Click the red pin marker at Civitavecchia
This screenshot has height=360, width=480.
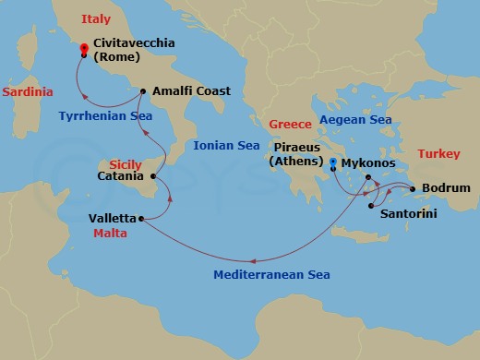[x=84, y=49]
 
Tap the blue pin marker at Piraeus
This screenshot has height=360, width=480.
[x=333, y=164]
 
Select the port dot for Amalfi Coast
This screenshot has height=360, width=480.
[x=142, y=91]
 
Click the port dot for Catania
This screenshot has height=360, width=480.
[x=153, y=175]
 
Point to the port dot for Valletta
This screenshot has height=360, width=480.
[x=140, y=219]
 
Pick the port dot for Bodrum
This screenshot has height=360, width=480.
[x=413, y=188]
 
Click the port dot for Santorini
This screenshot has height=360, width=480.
[x=371, y=206]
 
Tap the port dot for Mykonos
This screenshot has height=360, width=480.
[x=367, y=177]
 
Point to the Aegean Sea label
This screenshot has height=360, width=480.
[x=354, y=120]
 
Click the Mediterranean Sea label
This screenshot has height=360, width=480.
[x=271, y=274]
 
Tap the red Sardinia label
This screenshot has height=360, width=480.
[x=28, y=92]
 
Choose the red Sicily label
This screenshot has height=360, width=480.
[x=126, y=162]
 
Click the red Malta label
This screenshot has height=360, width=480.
[x=110, y=234]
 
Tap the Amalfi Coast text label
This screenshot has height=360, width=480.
[x=192, y=91]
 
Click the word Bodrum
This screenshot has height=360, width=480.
[x=447, y=188]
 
